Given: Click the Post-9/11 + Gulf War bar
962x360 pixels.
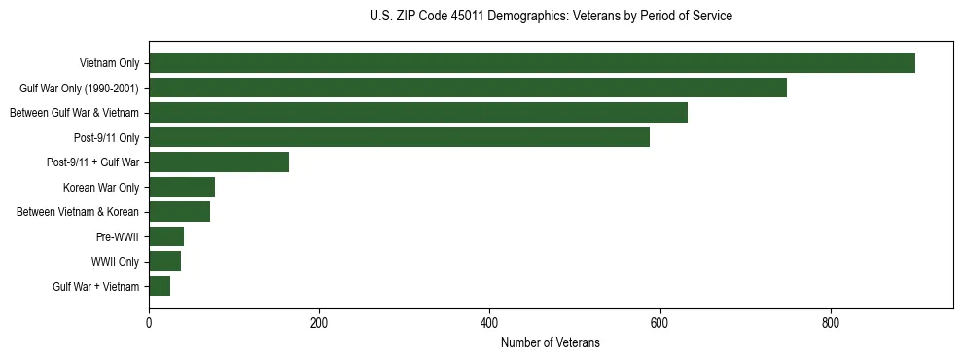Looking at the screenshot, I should pyautogui.click(x=219, y=162).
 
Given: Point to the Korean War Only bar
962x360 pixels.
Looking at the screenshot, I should pyautogui.click(x=182, y=187).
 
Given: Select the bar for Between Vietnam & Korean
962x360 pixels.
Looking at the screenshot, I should pyautogui.click(x=179, y=212).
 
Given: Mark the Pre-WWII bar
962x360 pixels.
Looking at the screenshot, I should pyautogui.click(x=166, y=236).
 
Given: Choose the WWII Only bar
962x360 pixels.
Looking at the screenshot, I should pyautogui.click(x=164, y=261).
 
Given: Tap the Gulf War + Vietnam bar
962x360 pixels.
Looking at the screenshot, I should pyautogui.click(x=160, y=286).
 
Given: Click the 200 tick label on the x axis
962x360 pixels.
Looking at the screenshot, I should pyautogui.click(x=319, y=323).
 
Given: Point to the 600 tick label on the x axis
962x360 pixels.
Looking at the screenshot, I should pyautogui.click(x=659, y=323).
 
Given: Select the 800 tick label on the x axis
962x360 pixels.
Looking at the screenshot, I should pyautogui.click(x=830, y=323).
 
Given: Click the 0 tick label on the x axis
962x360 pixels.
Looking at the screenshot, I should pyautogui.click(x=149, y=323).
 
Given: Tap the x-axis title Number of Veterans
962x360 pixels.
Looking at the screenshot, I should pyautogui.click(x=550, y=343).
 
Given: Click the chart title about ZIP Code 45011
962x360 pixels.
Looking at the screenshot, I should pyautogui.click(x=551, y=17).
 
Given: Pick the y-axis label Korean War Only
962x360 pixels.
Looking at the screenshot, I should pyautogui.click(x=101, y=187).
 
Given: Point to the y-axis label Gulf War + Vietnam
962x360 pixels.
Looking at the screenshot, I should pyautogui.click(x=95, y=286).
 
